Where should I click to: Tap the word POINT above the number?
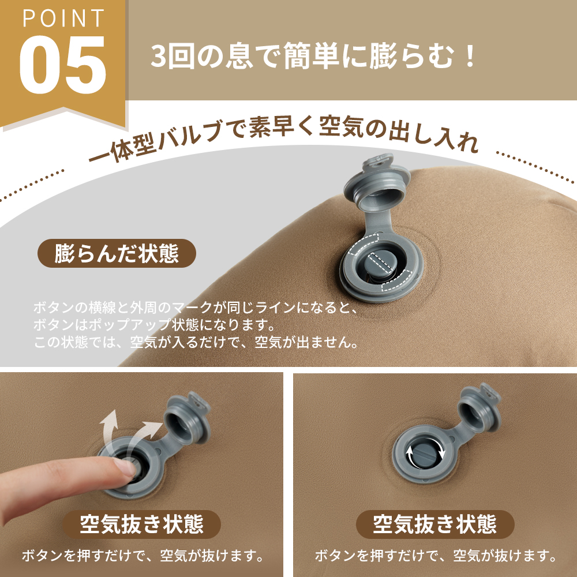pyautogui.click(x=63, y=18)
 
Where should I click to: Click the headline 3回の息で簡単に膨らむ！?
pyautogui.click(x=314, y=58)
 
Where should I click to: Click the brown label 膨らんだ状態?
pyautogui.click(x=117, y=253)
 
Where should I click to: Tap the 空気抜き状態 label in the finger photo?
pyautogui.click(x=141, y=524)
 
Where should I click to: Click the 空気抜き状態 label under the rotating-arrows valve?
pyautogui.click(x=434, y=524)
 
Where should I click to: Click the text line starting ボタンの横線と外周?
pyautogui.click(x=194, y=306)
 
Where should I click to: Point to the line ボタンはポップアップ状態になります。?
pyautogui.click(x=153, y=324)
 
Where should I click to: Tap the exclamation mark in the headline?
pyautogui.click(x=470, y=58)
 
